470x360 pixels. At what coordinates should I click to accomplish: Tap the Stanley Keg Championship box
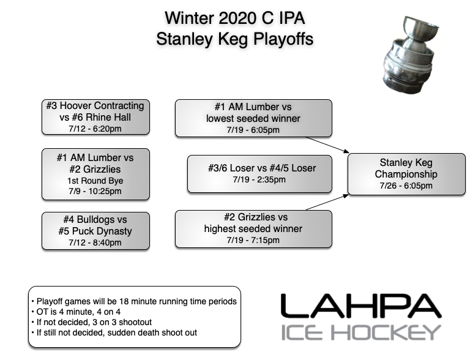click(x=405, y=174)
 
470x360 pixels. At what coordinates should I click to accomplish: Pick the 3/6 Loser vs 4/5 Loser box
click(x=260, y=173)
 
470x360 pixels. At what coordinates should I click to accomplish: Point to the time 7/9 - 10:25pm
click(x=95, y=191)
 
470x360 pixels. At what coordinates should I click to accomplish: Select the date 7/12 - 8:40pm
click(x=95, y=242)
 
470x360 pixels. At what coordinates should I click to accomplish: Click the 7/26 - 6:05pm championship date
click(x=405, y=186)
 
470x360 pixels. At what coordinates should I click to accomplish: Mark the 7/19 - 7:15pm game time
click(x=255, y=240)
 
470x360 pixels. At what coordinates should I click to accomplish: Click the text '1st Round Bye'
click(x=95, y=181)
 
